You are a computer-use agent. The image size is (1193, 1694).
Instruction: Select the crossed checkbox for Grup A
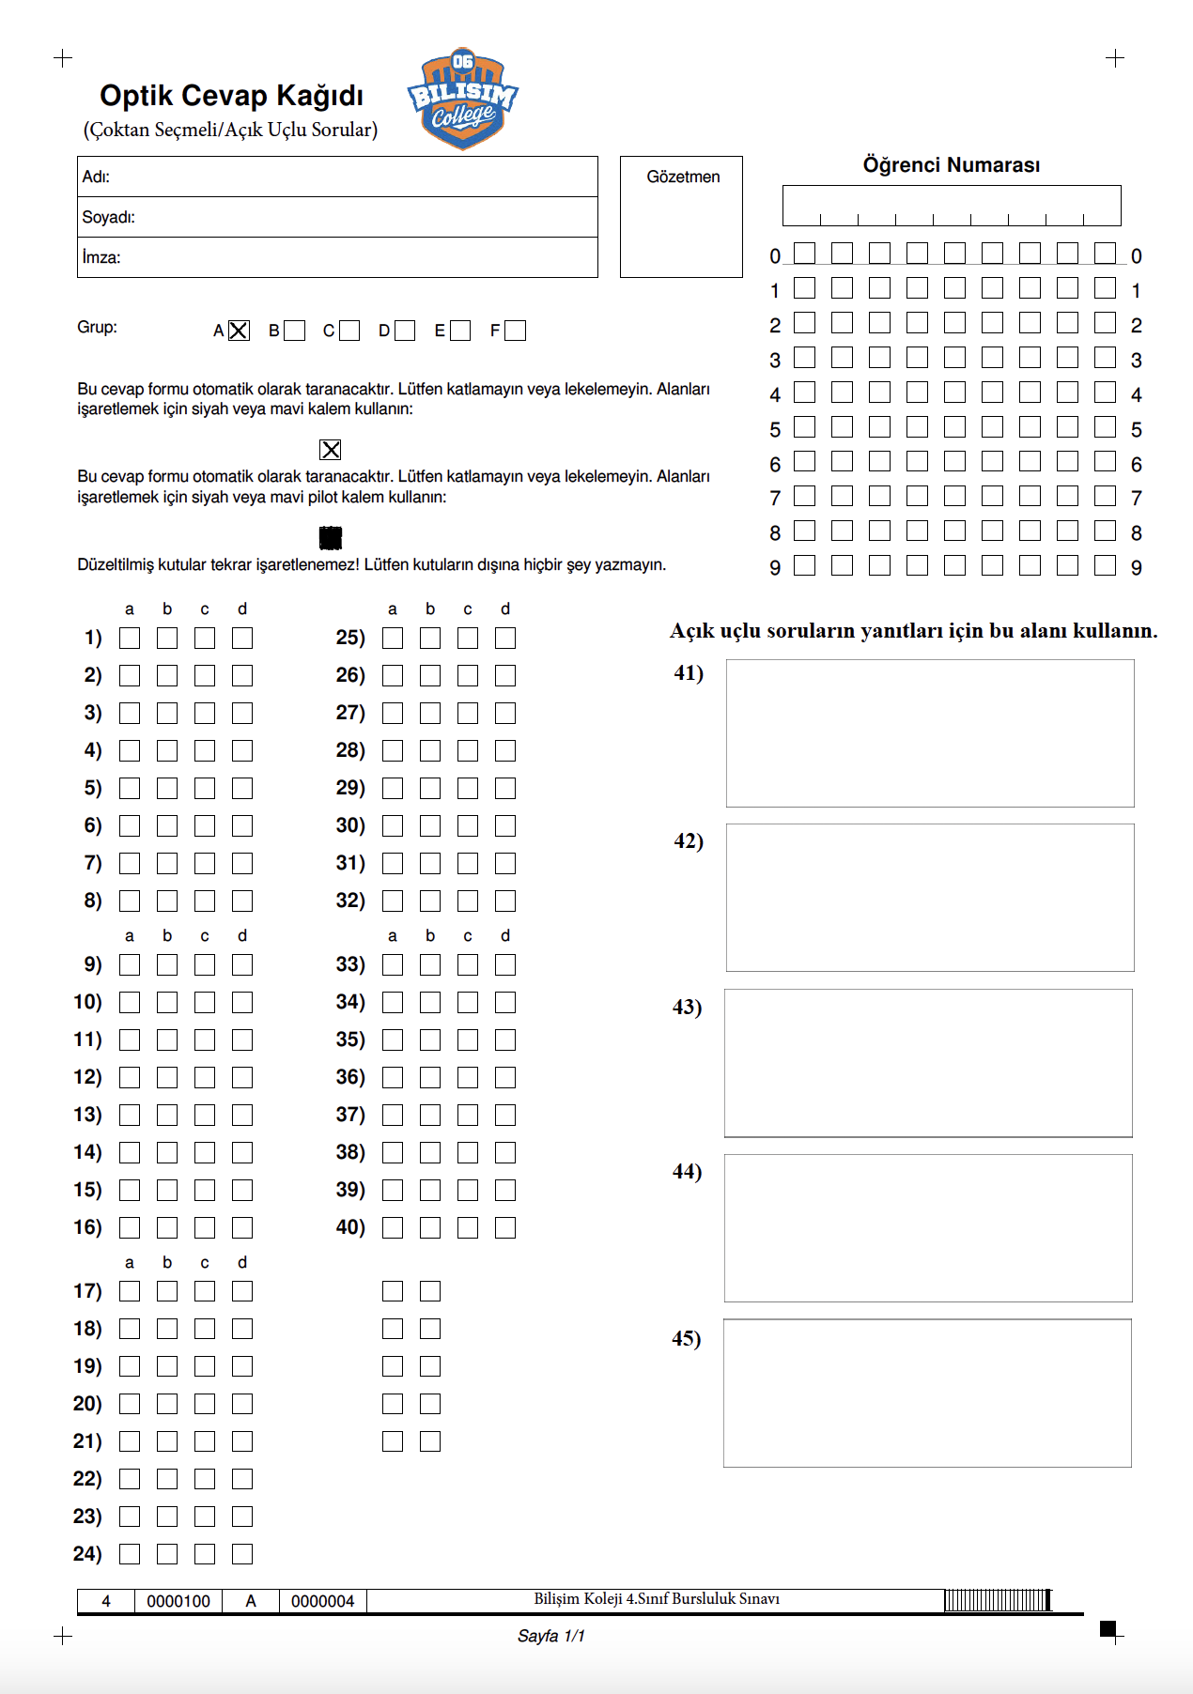(239, 331)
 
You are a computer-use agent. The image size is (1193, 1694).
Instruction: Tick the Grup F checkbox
(515, 331)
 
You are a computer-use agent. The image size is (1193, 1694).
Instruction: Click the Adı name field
(337, 177)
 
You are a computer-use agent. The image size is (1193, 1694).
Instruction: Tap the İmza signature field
(337, 257)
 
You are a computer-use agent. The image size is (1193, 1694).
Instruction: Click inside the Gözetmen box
(681, 225)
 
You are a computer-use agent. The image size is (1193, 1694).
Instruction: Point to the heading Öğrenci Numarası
(951, 165)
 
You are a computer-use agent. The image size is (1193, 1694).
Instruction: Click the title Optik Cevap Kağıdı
(231, 96)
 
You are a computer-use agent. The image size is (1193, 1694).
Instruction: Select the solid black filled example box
(331, 537)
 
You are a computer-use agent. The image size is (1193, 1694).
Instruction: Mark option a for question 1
(130, 639)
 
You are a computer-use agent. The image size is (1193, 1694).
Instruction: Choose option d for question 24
(242, 1554)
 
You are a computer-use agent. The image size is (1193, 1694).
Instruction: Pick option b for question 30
(430, 826)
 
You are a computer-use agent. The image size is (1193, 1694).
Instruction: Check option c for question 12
(205, 1077)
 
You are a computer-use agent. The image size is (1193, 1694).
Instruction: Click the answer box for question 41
(930, 733)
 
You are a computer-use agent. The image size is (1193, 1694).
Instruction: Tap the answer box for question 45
(927, 1394)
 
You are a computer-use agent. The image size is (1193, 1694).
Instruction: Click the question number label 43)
(687, 1008)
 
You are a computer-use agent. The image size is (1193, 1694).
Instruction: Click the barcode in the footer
(998, 1600)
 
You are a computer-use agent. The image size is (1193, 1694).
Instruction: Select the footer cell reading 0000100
(178, 1601)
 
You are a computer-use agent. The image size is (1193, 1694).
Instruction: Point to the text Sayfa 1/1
(550, 1636)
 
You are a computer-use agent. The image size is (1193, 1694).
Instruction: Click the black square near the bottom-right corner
(1108, 1627)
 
